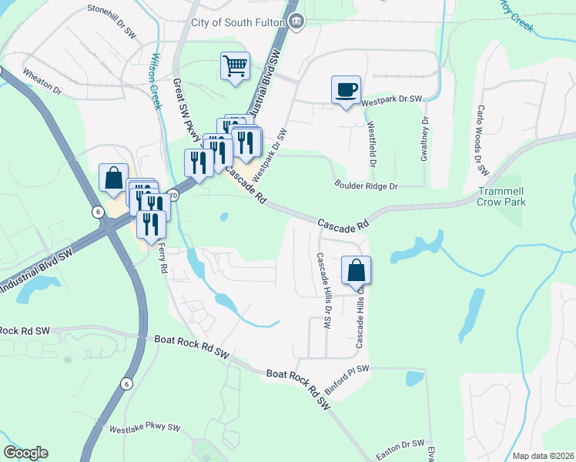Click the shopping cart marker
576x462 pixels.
point(236,65)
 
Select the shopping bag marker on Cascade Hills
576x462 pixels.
point(356,271)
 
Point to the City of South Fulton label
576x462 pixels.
point(239,22)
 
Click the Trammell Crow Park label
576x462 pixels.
point(501,196)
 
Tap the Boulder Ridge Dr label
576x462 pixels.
point(366,186)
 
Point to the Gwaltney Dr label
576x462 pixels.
point(424,139)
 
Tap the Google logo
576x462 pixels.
point(25,453)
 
